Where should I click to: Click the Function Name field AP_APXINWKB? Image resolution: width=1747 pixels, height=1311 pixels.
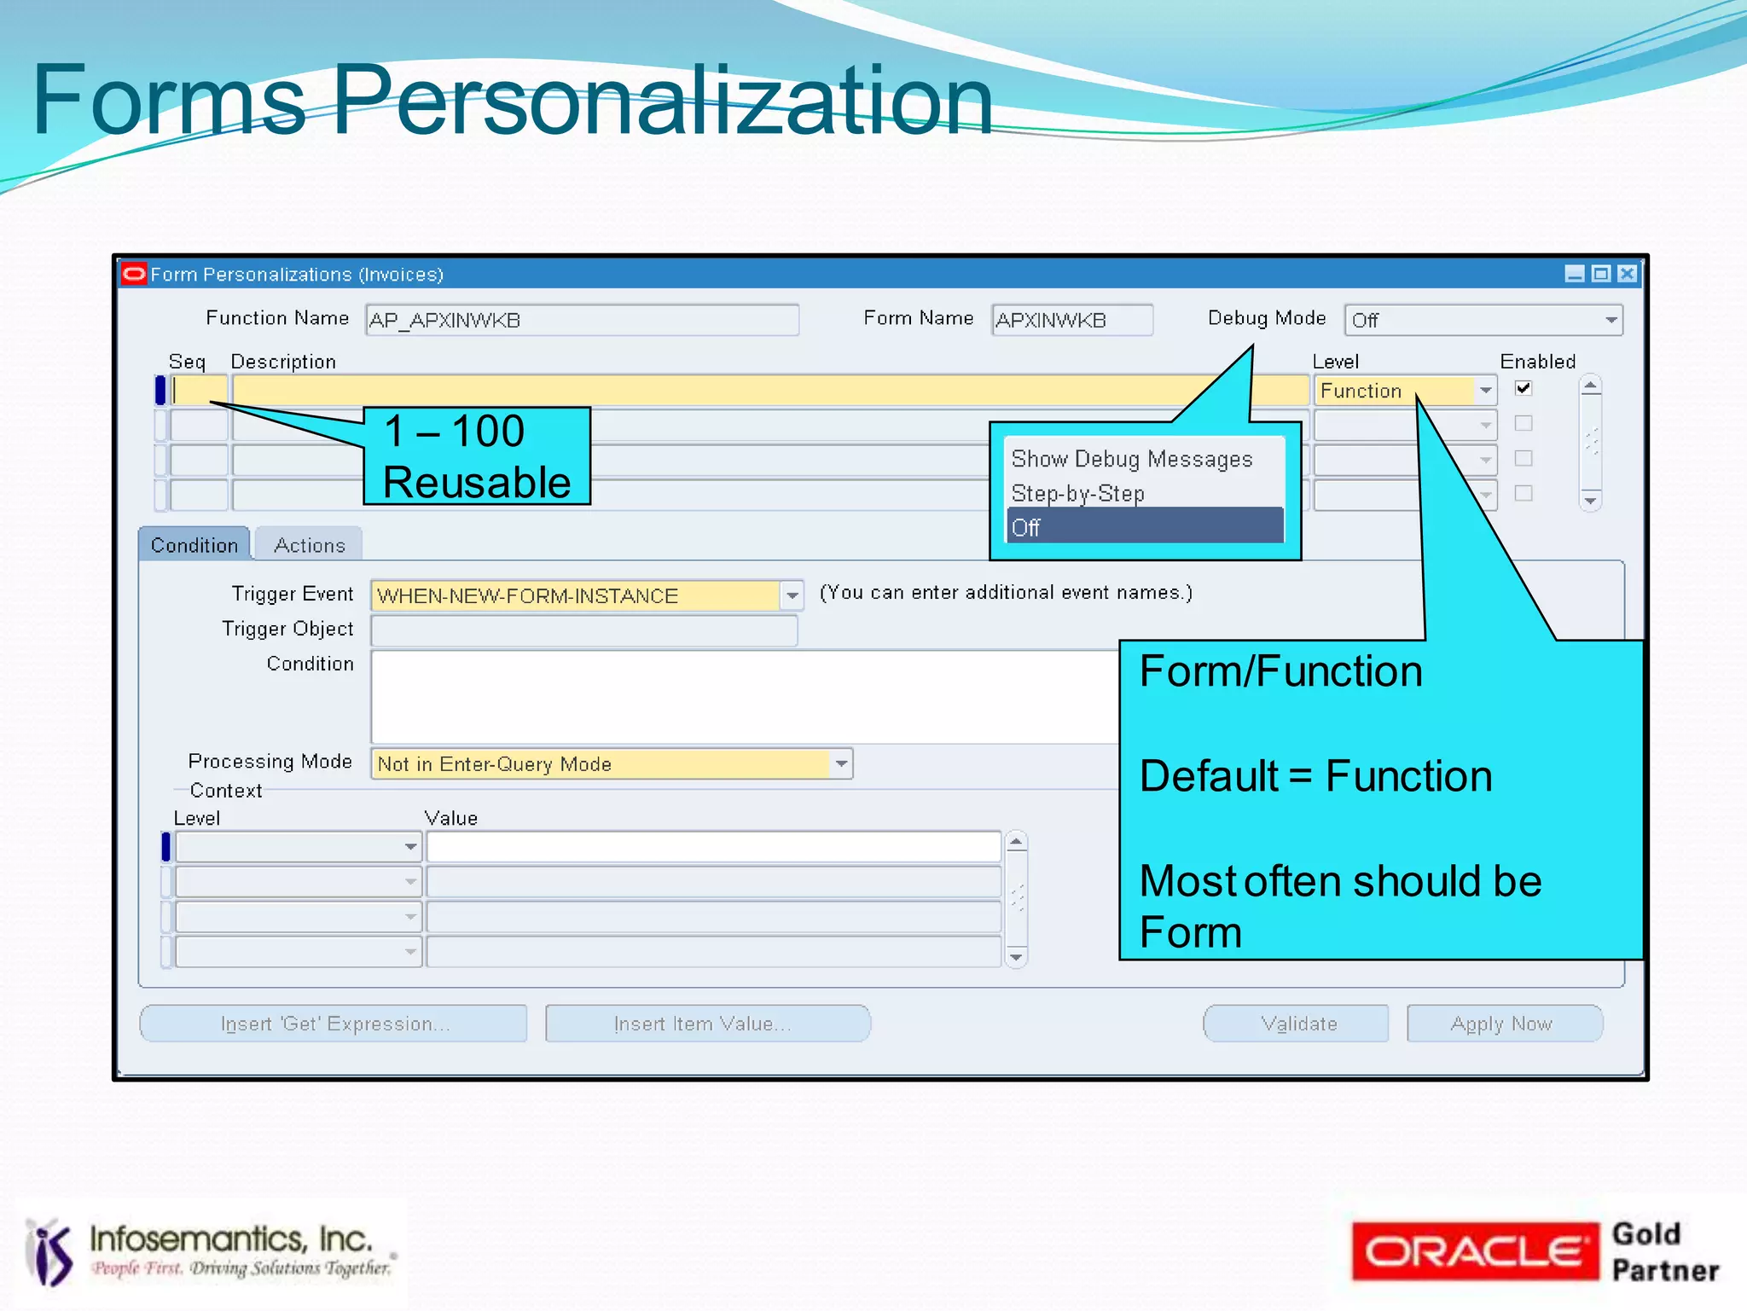click(582, 321)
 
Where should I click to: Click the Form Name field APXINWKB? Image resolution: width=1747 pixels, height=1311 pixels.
click(1071, 321)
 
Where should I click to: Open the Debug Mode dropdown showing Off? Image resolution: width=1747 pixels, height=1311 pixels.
click(1483, 321)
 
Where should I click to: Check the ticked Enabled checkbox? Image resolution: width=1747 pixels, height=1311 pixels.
click(1524, 389)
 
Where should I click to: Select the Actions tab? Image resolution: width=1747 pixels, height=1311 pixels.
click(309, 545)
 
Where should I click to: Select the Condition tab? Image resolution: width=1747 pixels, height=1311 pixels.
click(194, 545)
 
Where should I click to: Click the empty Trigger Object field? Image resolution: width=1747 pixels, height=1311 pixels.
click(583, 630)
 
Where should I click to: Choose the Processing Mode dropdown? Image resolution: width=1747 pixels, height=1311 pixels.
click(611, 764)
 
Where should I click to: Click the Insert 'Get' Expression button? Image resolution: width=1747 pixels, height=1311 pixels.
click(334, 1024)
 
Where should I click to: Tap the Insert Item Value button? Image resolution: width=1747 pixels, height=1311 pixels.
click(707, 1024)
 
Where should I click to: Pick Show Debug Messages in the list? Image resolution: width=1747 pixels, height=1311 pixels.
click(1131, 459)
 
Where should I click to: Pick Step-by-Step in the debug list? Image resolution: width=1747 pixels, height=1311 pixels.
click(1077, 493)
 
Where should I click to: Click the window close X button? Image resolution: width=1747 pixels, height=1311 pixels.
click(1628, 274)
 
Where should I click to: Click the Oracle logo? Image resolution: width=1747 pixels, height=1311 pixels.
click(1474, 1252)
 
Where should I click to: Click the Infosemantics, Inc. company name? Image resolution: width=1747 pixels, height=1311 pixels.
click(231, 1238)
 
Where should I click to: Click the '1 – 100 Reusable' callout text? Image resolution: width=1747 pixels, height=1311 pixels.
click(477, 456)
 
